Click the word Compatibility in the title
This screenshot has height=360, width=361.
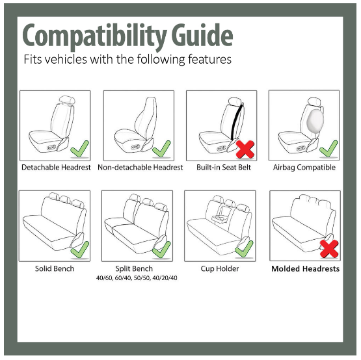pyautogui.click(x=94, y=37)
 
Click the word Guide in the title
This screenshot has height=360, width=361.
pyautogui.click(x=202, y=34)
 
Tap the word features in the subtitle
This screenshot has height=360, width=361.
pyautogui.click(x=209, y=59)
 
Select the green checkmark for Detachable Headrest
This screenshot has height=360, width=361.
pyautogui.click(x=79, y=149)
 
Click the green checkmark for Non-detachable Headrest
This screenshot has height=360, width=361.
pyautogui.click(x=161, y=149)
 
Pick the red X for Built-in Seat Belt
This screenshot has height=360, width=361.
pyautogui.click(x=245, y=149)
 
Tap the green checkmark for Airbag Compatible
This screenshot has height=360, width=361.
pyautogui.click(x=328, y=149)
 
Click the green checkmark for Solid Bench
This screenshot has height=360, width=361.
pyautogui.click(x=79, y=250)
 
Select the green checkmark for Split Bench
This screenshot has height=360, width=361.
pyautogui.click(x=161, y=250)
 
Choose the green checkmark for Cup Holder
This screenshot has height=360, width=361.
pyautogui.click(x=244, y=249)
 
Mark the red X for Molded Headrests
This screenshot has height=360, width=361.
pyautogui.click(x=329, y=249)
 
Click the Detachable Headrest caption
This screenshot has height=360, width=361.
pyautogui.click(x=56, y=167)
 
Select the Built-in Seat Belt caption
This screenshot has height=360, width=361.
pyautogui.click(x=224, y=167)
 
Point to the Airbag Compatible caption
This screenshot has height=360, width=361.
pyautogui.click(x=304, y=167)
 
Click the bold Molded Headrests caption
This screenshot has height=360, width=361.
pyautogui.click(x=306, y=268)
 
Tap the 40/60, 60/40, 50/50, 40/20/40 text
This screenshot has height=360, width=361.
pyautogui.click(x=137, y=278)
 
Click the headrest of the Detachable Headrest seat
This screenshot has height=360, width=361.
pyautogui.click(x=67, y=100)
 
